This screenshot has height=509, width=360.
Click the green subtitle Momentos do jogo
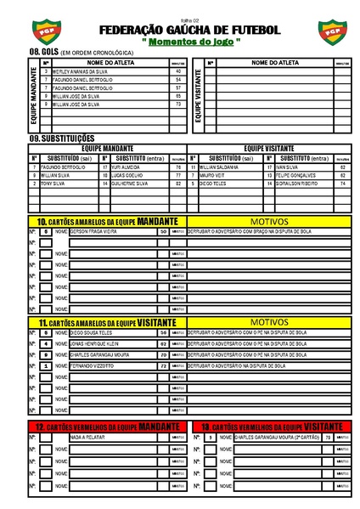(190, 42)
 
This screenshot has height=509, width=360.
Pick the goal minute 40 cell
(178, 72)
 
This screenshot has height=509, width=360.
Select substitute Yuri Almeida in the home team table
(126, 167)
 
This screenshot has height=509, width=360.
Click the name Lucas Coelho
(127, 175)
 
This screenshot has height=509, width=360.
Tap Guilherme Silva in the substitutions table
(130, 184)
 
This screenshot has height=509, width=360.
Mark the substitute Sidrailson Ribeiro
(297, 184)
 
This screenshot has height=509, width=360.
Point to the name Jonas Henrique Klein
(95, 343)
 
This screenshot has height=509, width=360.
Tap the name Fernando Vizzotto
(92, 365)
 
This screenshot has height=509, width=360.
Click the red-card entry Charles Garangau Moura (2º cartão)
(277, 438)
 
